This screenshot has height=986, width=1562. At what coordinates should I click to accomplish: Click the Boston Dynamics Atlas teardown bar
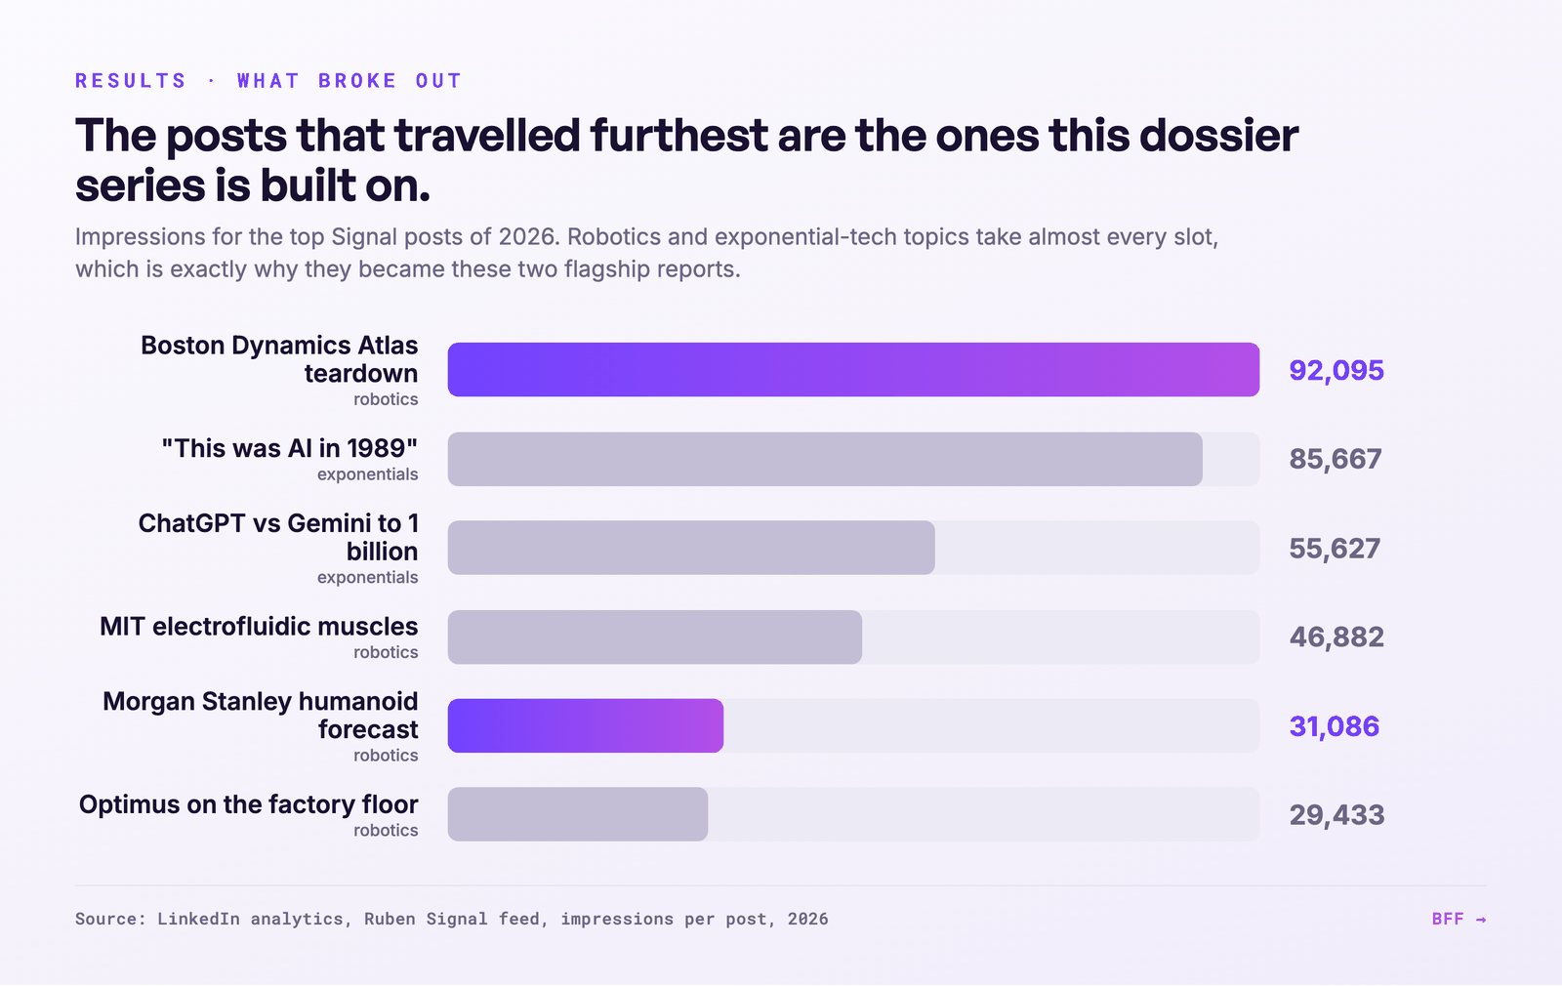(x=853, y=370)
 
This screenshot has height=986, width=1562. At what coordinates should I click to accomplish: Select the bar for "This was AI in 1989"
(x=825, y=459)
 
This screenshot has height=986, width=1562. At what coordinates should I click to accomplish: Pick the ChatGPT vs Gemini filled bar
(x=691, y=548)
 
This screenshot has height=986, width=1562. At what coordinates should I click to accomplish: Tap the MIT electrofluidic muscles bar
(x=655, y=637)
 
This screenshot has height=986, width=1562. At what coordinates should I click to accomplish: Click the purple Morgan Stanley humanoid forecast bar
(x=586, y=726)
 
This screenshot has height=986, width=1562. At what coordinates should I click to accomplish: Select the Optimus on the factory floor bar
(x=577, y=814)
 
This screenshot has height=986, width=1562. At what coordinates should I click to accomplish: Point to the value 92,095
(x=1336, y=370)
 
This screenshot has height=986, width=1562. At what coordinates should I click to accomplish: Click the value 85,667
(x=1336, y=459)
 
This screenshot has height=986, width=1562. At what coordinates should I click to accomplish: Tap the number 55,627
(x=1335, y=548)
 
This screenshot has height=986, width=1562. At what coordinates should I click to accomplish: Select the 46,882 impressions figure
(x=1336, y=637)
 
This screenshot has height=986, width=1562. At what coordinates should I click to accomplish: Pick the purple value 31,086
(x=1334, y=726)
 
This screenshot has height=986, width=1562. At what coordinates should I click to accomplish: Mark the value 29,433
(x=1336, y=814)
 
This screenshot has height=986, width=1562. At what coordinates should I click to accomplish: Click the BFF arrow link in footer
(x=1459, y=919)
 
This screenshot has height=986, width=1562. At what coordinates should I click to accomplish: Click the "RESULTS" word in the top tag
(x=131, y=81)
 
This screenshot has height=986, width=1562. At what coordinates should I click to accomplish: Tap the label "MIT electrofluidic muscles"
(x=259, y=626)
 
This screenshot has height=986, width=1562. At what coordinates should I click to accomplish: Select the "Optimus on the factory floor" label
(x=248, y=804)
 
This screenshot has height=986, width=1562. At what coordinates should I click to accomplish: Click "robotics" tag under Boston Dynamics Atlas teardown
(x=386, y=399)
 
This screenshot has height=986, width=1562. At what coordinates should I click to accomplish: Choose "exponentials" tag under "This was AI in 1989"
(x=367, y=474)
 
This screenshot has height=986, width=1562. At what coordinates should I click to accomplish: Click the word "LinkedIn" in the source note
(x=198, y=919)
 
